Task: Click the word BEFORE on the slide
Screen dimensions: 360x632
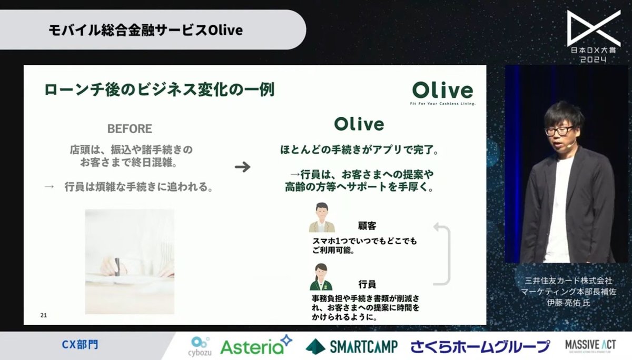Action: coord(130,129)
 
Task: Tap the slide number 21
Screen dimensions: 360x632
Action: coord(44,315)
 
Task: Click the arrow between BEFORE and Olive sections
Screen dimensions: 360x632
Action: coord(242,167)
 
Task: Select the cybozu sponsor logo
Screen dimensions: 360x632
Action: coord(201,346)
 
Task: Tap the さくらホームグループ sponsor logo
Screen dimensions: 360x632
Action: coord(480,346)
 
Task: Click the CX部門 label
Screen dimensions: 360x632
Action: coord(80,345)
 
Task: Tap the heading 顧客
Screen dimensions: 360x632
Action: coord(367,226)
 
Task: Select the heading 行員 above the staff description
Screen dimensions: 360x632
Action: coord(367,284)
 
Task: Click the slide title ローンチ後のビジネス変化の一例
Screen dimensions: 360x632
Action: coord(160,89)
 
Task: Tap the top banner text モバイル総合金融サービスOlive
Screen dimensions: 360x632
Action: coord(145,30)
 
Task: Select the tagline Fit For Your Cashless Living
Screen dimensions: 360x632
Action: coord(442,104)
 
